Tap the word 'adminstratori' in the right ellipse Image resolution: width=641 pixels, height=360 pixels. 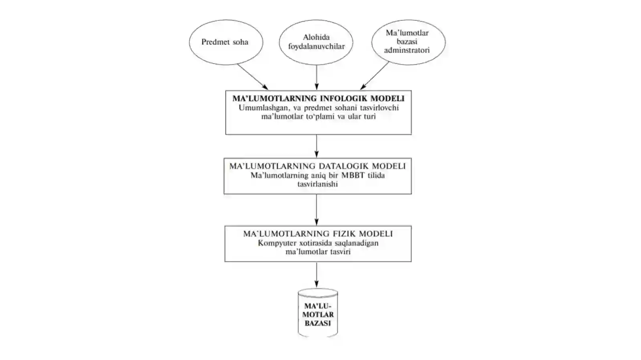407,50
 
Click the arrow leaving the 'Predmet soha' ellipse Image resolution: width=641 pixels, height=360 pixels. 252,77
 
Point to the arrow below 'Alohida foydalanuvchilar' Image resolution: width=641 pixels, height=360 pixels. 316,77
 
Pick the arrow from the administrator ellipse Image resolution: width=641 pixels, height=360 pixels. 374,76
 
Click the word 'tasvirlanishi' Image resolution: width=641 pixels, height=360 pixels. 318,184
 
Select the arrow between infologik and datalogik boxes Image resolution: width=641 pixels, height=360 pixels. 316,146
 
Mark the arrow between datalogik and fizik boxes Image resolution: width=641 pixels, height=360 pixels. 316,210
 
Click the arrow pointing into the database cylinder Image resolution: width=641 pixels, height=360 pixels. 316,275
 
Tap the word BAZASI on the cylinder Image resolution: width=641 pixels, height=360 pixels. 318,324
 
